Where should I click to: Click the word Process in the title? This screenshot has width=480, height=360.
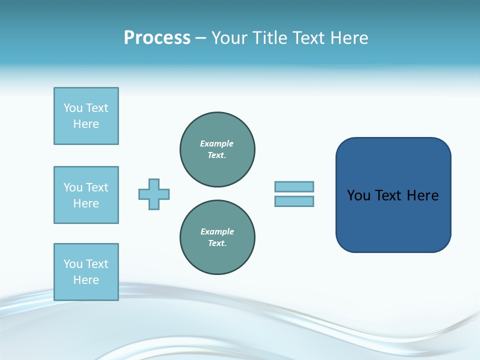tap(157, 38)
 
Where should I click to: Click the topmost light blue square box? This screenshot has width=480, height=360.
tap(86, 116)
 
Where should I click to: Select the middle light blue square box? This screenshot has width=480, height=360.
tap(86, 195)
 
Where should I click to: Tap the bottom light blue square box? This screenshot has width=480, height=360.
tap(86, 272)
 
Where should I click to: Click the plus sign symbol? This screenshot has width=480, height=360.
tap(154, 194)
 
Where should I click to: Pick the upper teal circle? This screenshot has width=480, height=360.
tap(217, 149)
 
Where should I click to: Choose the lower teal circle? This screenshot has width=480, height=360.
tap(217, 237)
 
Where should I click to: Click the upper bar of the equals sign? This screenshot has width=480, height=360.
tap(294, 186)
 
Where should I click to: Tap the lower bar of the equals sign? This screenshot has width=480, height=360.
tap(294, 201)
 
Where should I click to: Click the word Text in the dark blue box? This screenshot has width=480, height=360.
tap(389, 195)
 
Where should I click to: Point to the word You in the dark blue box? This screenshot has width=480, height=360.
tap(358, 195)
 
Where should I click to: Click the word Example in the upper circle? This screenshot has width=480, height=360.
tap(217, 143)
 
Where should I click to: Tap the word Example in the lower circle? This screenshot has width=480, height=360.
tap(217, 231)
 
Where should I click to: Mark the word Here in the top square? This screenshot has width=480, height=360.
tap(86, 124)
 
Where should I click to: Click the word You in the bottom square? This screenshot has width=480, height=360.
tap(73, 264)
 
